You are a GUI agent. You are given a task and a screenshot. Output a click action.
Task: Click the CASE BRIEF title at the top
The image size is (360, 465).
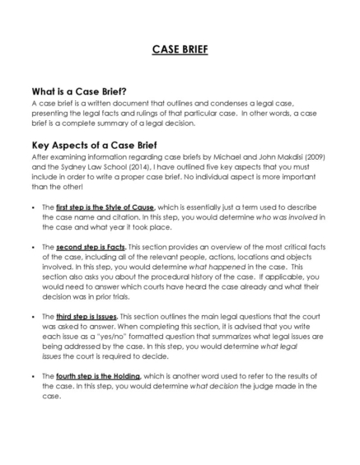click(180, 49)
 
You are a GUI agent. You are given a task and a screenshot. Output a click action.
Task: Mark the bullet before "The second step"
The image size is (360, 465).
click(31, 246)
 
